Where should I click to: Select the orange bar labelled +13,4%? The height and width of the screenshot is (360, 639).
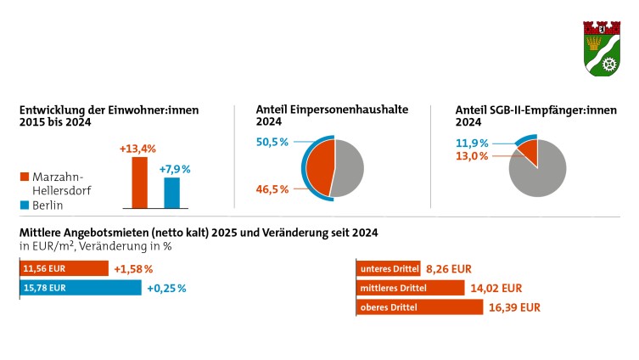click(138, 183)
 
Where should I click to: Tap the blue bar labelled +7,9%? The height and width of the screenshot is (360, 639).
click(172, 193)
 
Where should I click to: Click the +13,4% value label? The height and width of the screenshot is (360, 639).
click(137, 149)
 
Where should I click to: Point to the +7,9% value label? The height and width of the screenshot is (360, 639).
click(175, 169)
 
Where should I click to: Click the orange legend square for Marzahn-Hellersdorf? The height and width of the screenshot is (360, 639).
click(25, 177)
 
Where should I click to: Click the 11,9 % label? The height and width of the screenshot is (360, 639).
click(474, 143)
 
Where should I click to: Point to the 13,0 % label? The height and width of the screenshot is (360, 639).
click(474, 156)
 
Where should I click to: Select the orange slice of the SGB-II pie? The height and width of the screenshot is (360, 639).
click(528, 153)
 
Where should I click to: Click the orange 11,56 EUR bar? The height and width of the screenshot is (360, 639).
click(64, 269)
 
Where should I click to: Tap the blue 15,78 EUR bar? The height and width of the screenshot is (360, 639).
click(80, 288)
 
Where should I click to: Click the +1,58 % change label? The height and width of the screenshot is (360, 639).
click(133, 269)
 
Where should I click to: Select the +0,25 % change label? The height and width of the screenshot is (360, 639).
click(166, 288)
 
